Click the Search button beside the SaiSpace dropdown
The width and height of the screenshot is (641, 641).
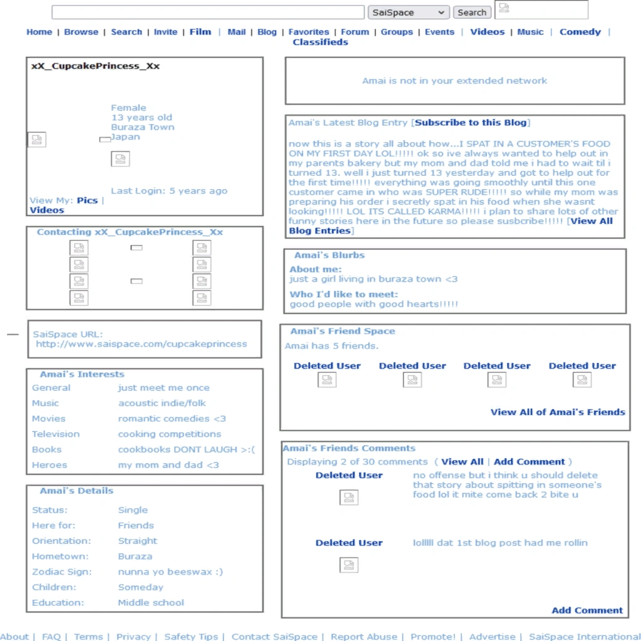coord(472,13)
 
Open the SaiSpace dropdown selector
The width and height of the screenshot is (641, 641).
coord(408,13)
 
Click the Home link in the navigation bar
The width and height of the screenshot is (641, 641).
coord(39,32)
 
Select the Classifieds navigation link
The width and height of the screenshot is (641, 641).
coord(320,42)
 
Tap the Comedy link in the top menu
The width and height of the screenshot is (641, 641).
coord(580,32)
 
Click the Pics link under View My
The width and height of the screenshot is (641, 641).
coord(87,200)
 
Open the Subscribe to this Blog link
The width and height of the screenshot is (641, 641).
coord(471,123)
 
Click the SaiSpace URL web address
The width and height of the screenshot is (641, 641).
coord(141,344)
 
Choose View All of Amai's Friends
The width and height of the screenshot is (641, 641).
coord(557,412)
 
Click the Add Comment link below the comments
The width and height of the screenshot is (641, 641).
coord(587,610)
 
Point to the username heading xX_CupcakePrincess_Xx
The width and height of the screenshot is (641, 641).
coord(95,66)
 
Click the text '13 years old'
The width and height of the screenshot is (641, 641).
coord(141,117)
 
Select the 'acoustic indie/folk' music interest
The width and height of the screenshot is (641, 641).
coord(162,403)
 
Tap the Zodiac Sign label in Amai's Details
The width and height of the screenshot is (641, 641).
coord(61,572)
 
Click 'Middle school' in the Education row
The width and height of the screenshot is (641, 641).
coord(151,603)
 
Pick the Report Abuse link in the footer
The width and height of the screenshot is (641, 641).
coord(364,637)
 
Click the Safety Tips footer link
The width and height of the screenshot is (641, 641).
coord(191,637)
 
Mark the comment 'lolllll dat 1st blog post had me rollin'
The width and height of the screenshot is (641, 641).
coord(500,543)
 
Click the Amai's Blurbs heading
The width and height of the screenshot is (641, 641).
coord(329,255)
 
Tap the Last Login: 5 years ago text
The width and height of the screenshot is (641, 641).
coord(169,191)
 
